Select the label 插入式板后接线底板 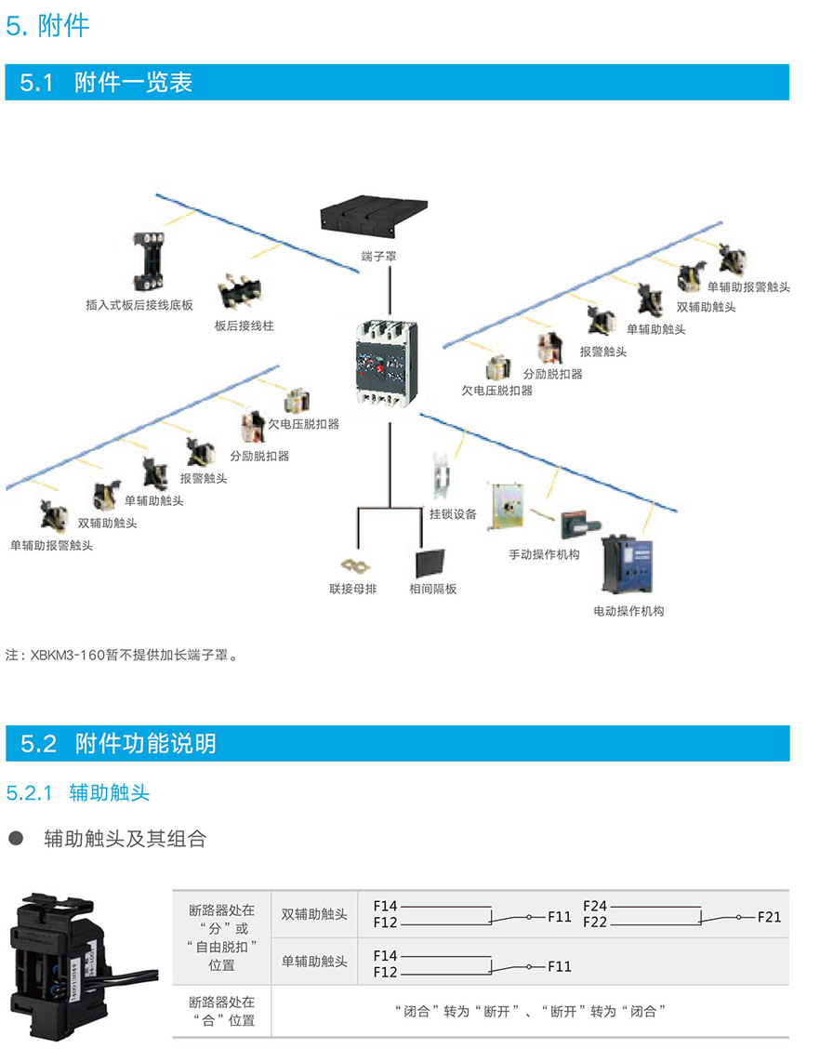click(139, 304)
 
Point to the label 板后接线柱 click(245, 326)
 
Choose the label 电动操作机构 click(628, 611)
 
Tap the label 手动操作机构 click(544, 554)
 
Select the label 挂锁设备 click(453, 513)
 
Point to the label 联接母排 click(353, 589)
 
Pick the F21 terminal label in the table click(769, 917)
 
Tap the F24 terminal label click(595, 906)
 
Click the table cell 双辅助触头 click(314, 915)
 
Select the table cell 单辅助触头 click(314, 962)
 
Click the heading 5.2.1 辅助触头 click(78, 792)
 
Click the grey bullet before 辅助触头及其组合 click(16, 839)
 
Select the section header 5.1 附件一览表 click(106, 83)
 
